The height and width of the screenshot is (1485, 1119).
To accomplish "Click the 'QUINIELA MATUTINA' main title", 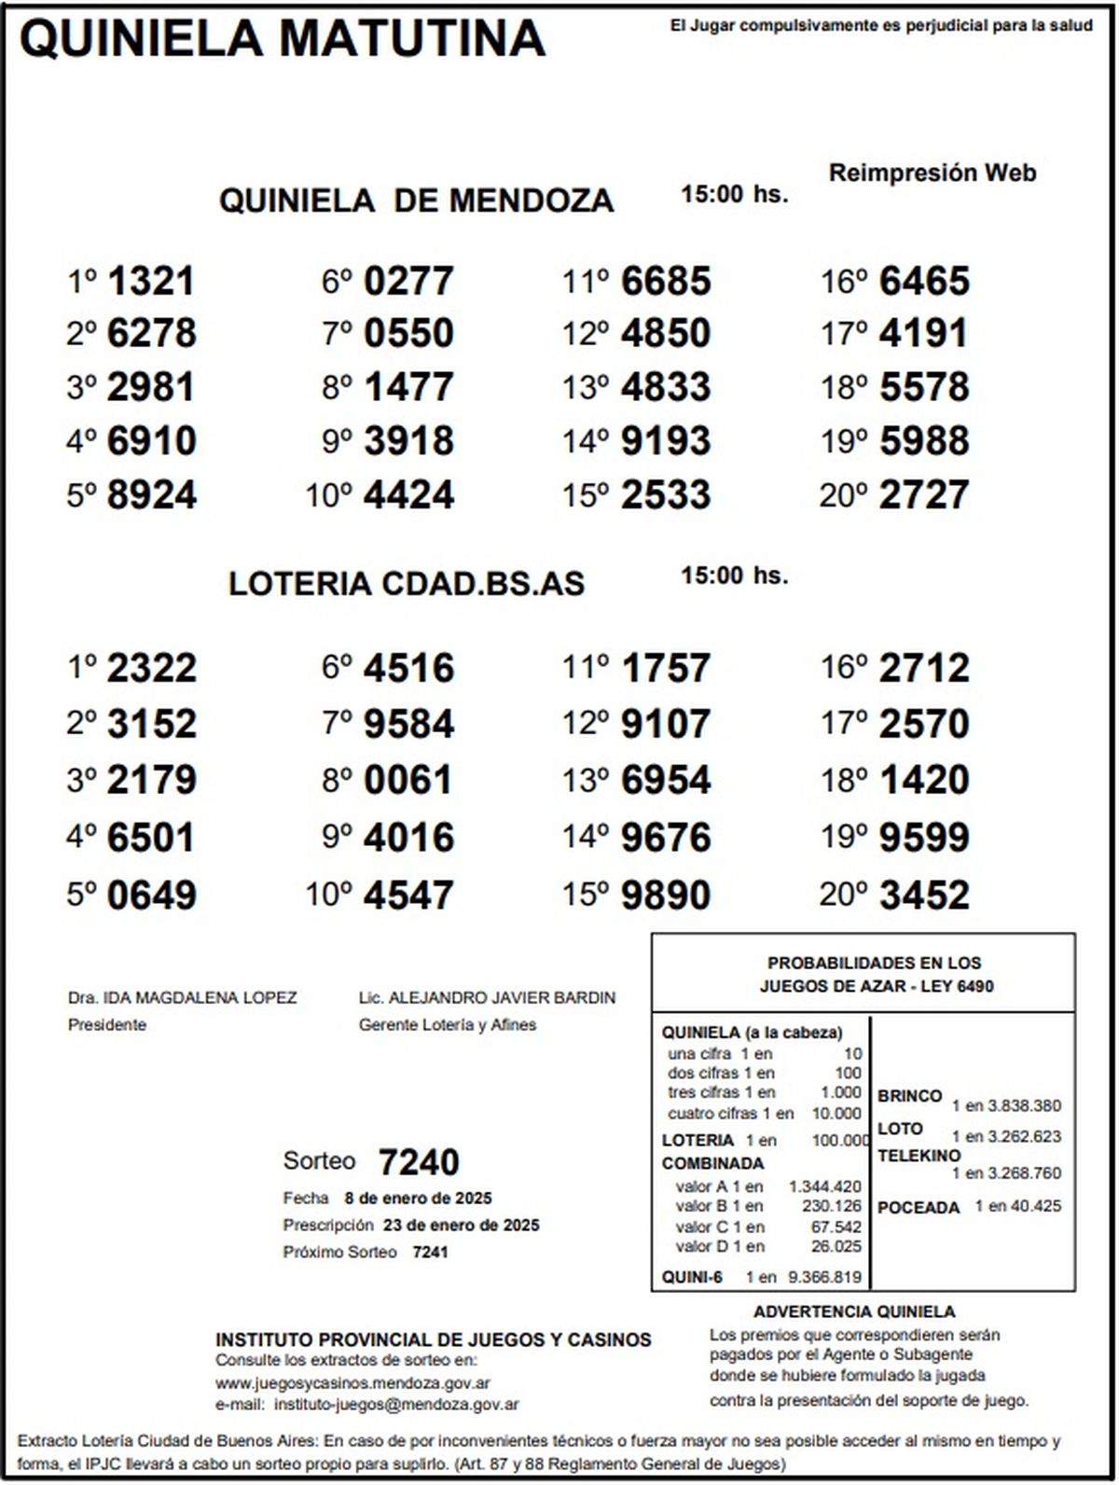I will [282, 39].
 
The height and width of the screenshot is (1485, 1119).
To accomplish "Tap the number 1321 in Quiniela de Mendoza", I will [151, 281].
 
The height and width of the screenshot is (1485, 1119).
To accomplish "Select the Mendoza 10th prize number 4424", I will [408, 494].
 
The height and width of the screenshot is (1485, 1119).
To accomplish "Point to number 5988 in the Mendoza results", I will [924, 440].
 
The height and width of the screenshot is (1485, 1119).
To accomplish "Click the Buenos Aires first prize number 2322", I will [151, 668].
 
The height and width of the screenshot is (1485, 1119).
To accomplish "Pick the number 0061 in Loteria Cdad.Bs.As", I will [408, 780].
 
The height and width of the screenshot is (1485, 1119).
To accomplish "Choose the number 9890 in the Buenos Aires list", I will [666, 895].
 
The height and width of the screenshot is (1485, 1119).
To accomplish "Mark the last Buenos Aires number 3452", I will [924, 895].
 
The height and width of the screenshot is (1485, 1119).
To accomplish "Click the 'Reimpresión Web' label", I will [932, 173].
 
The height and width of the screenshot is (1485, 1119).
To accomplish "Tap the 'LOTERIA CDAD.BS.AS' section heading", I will [407, 584].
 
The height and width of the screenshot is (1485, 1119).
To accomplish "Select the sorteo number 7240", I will [419, 1162].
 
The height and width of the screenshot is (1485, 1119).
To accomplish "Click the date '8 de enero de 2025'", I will [418, 1199].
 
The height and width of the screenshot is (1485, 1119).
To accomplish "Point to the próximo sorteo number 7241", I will [430, 1252].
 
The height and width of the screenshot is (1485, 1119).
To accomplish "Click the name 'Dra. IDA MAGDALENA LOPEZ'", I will [183, 998].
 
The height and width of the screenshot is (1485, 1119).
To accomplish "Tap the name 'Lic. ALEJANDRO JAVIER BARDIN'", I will [487, 998].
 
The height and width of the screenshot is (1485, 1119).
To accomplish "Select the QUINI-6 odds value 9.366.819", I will [824, 1277].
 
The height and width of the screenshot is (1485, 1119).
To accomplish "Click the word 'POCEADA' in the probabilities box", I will [919, 1208].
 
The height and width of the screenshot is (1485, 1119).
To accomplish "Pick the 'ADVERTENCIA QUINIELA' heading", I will [854, 1312].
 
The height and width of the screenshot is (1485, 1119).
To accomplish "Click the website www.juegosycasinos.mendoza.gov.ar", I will [353, 1383].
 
